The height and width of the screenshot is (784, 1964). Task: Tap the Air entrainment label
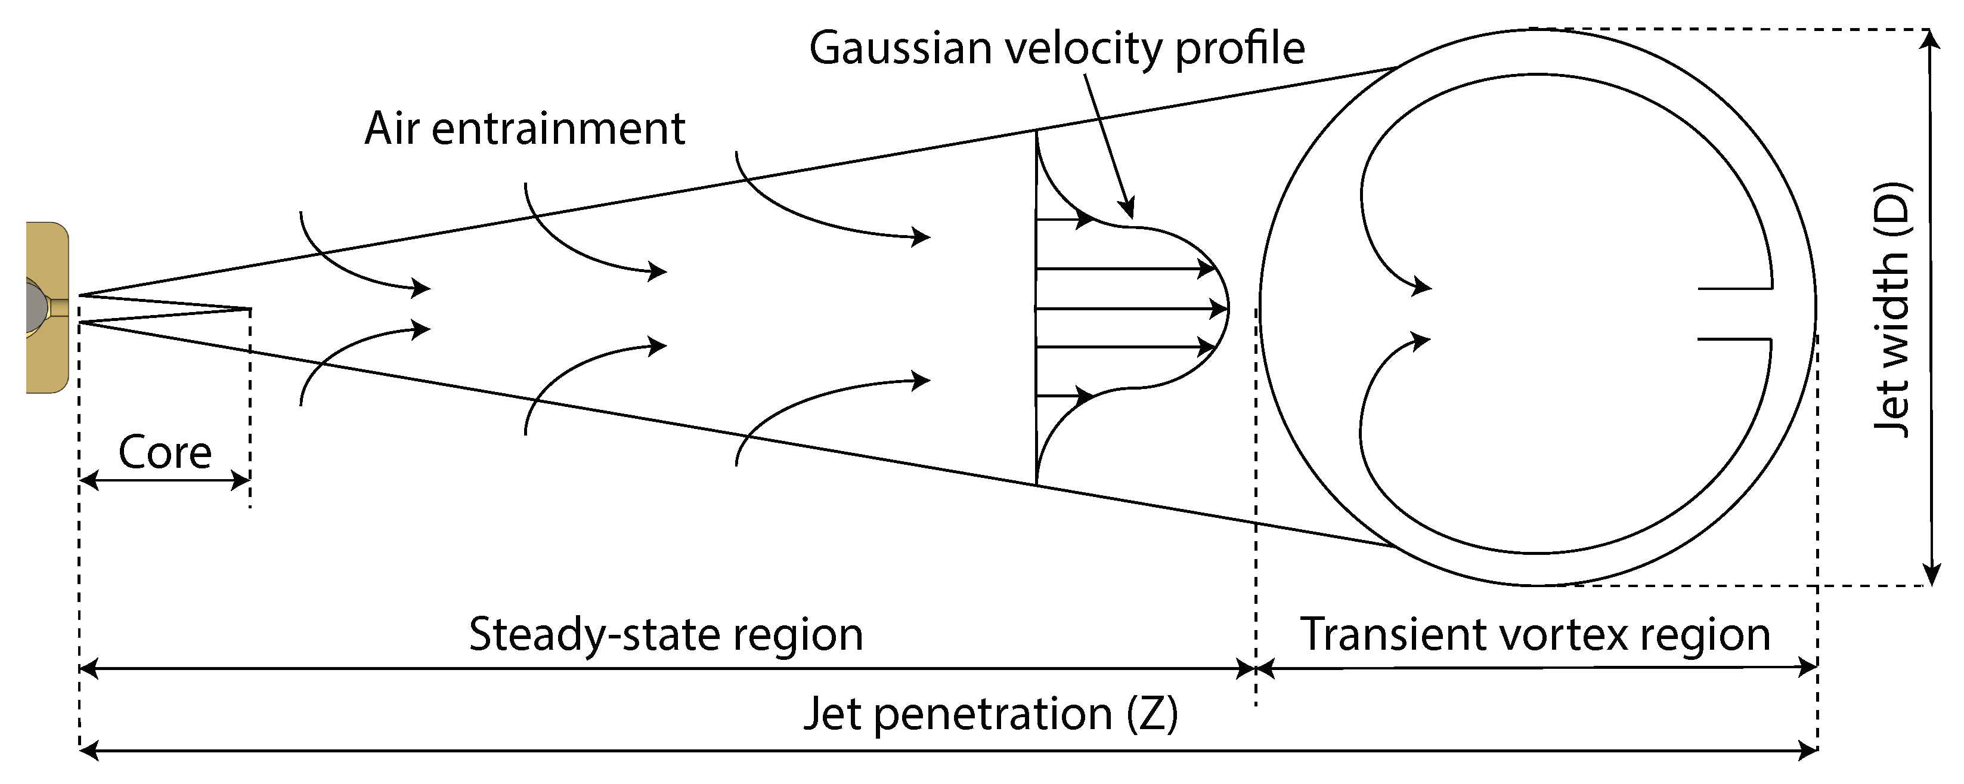525,128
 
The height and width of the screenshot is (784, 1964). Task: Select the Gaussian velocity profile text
1057,48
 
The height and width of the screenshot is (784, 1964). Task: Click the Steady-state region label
665,634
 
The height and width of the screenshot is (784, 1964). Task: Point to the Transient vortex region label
1535,634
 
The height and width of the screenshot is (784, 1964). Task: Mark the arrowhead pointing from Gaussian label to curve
1129,211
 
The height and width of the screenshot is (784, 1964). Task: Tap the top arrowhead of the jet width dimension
1931,38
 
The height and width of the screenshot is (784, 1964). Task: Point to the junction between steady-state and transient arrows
1256,669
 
